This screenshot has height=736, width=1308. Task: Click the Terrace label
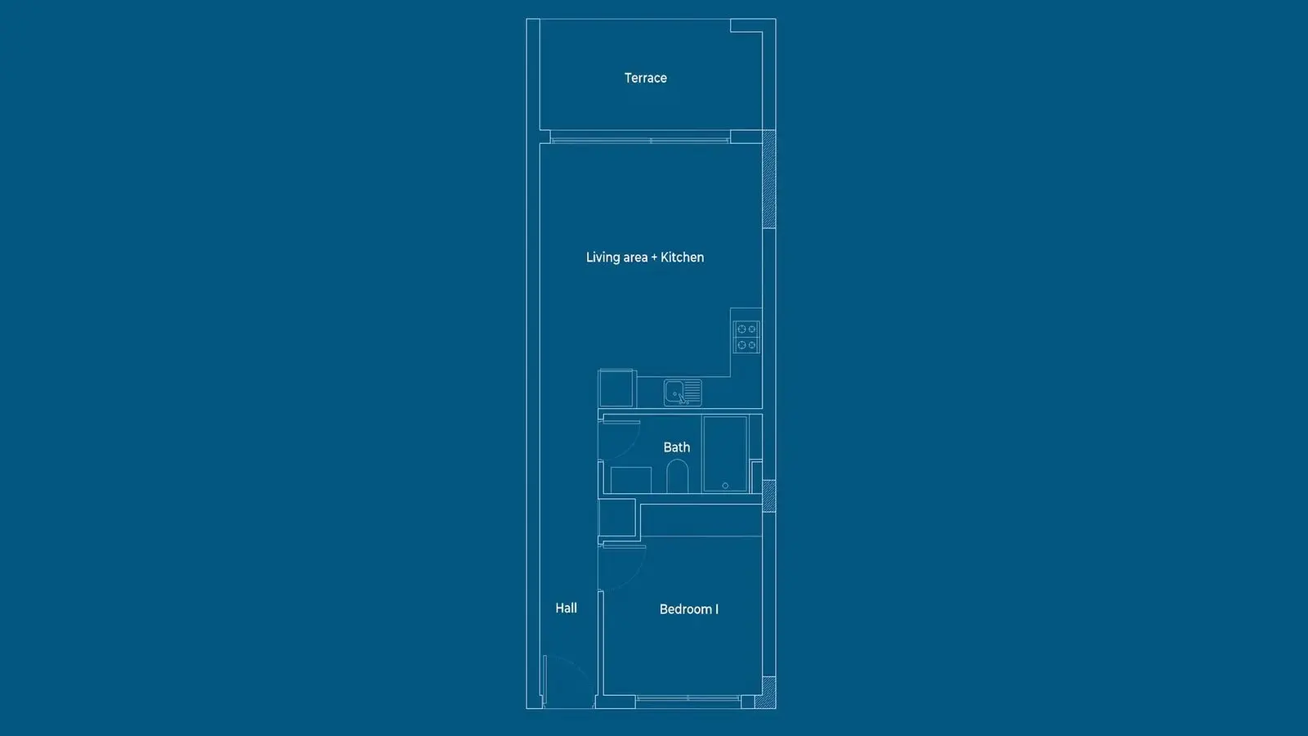[645, 78]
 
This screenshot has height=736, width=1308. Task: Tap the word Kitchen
[682, 257]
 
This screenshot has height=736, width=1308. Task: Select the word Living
[602, 258]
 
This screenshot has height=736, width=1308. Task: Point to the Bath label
[676, 447]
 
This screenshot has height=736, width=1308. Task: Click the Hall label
[566, 608]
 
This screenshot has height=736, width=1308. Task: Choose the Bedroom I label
[689, 609]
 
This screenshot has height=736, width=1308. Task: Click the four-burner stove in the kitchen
[747, 337]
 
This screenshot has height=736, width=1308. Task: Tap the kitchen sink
[683, 393]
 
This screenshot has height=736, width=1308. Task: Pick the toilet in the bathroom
[678, 476]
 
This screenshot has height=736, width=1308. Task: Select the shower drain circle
[725, 486]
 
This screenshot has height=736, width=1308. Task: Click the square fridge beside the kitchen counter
[616, 388]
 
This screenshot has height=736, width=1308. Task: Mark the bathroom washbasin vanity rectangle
[631, 480]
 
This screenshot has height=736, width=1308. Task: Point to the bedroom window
[688, 698]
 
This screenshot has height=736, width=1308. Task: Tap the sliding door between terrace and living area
[640, 140]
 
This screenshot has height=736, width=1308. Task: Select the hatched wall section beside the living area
[769, 179]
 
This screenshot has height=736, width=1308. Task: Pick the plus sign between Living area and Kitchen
[654, 258]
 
